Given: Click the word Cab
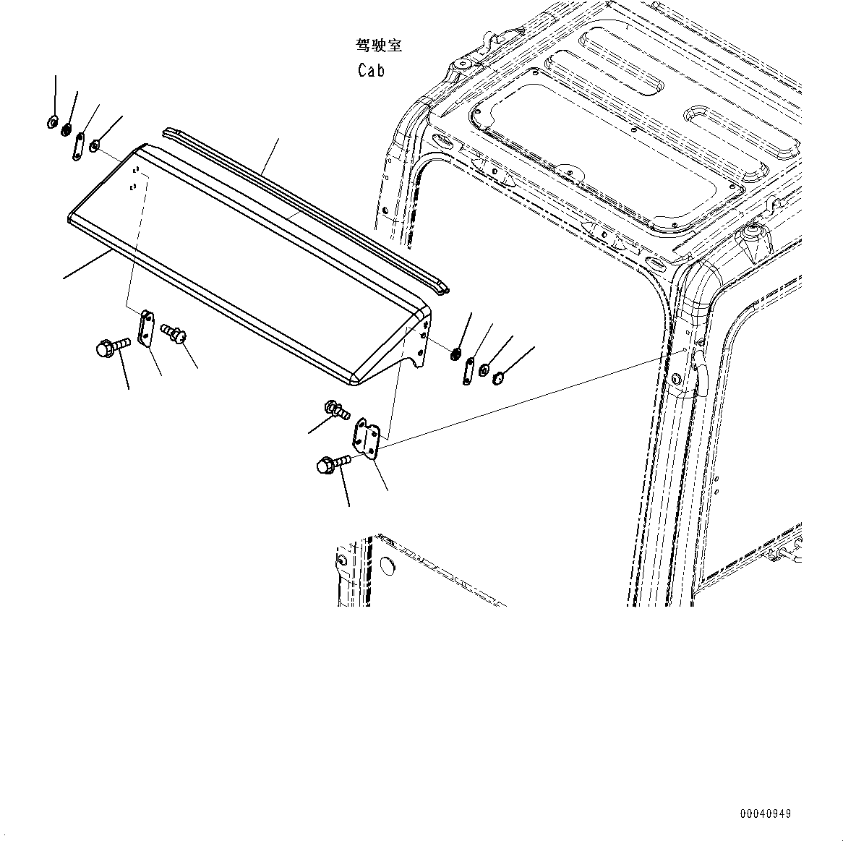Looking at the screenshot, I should click(x=371, y=70).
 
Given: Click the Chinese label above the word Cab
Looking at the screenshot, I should click(x=378, y=46).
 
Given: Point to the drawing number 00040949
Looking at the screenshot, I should click(x=765, y=814).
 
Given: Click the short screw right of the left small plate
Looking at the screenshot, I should click(x=174, y=333).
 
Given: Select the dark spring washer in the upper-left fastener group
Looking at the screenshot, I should click(x=67, y=130).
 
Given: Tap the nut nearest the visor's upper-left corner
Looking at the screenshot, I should click(x=95, y=148).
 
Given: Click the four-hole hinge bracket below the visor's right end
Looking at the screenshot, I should click(x=366, y=438).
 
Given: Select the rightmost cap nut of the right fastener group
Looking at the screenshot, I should click(x=498, y=377).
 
